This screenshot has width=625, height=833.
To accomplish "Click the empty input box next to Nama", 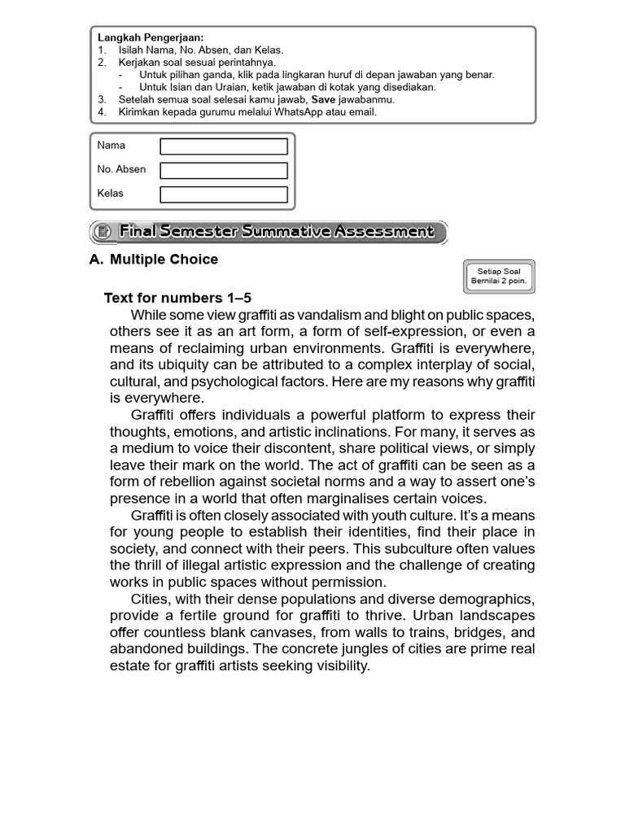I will (x=224, y=146).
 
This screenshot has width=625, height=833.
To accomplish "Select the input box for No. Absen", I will (x=224, y=170).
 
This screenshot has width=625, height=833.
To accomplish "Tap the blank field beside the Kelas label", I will (x=224, y=194).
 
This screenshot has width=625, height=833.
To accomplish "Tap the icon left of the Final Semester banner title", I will (x=103, y=233).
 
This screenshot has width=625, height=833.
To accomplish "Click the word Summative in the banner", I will (x=280, y=233).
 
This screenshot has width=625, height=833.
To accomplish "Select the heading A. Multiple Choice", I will (x=153, y=259).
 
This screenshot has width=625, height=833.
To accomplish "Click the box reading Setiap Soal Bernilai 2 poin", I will (x=498, y=276).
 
